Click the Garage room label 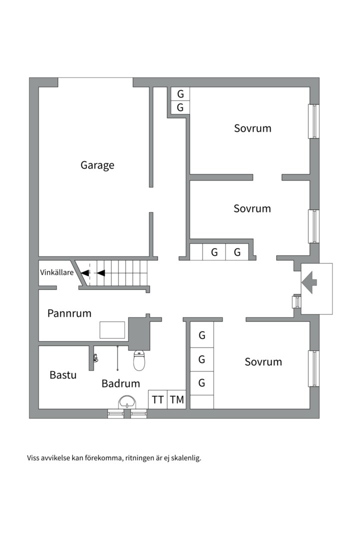pyautogui.click(x=97, y=165)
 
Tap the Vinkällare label pyautogui.click(x=57, y=273)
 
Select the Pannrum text pyautogui.click(x=69, y=313)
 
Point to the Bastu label pyautogui.click(x=63, y=374)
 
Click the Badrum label pyautogui.click(x=120, y=383)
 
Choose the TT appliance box pyautogui.click(x=158, y=399)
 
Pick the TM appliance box pyautogui.click(x=176, y=399)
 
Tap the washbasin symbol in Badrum pyautogui.click(x=127, y=402)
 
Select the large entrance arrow pyautogui.click(x=309, y=282)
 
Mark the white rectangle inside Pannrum pyautogui.click(x=112, y=330)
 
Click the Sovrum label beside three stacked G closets pyautogui.click(x=263, y=361)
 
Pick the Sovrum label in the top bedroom pyautogui.click(x=252, y=128)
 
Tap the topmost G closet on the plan pyautogui.click(x=180, y=94)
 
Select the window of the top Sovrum pyautogui.click(x=313, y=121)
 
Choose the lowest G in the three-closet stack pyautogui.click(x=202, y=383)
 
